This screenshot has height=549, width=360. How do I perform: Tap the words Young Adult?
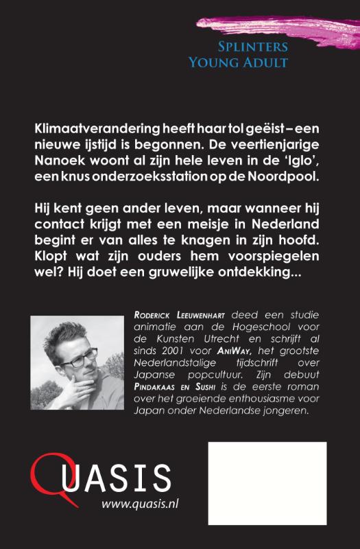point(237,62)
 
